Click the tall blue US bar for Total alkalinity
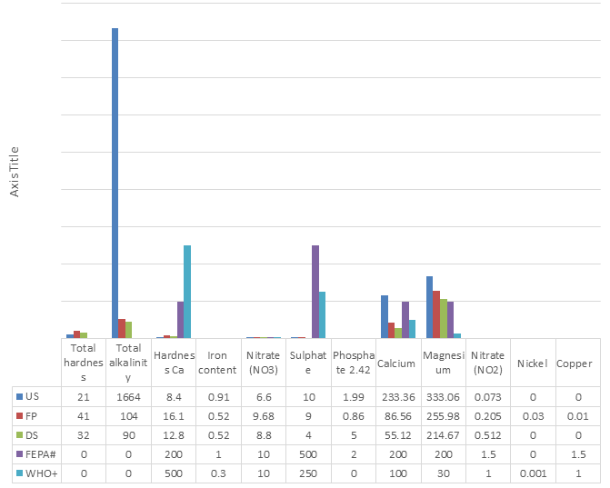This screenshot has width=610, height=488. point(115,182)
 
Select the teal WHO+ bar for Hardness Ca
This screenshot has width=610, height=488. point(187,291)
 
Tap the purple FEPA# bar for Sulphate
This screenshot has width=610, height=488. point(315,291)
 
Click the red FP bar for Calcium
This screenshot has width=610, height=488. point(391,330)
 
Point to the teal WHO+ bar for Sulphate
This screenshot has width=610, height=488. point(323,314)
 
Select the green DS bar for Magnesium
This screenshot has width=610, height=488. point(443,318)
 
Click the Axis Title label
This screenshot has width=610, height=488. point(14,172)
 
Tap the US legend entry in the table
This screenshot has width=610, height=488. point(32,396)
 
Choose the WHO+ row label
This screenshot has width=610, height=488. point(37,473)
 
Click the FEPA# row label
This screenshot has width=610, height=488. point(37,453)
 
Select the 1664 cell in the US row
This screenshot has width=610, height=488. point(129,396)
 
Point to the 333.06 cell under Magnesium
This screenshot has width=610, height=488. point(443,396)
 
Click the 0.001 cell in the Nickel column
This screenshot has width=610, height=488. point(532,473)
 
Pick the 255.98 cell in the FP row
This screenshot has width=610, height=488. point(443,415)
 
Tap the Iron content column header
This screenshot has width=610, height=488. point(218,363)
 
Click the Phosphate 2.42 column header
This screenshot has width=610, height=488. point(352,363)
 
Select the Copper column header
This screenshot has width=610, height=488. point(575,363)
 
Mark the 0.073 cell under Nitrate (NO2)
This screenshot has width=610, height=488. point(487,396)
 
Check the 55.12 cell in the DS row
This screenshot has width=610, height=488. point(397,434)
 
